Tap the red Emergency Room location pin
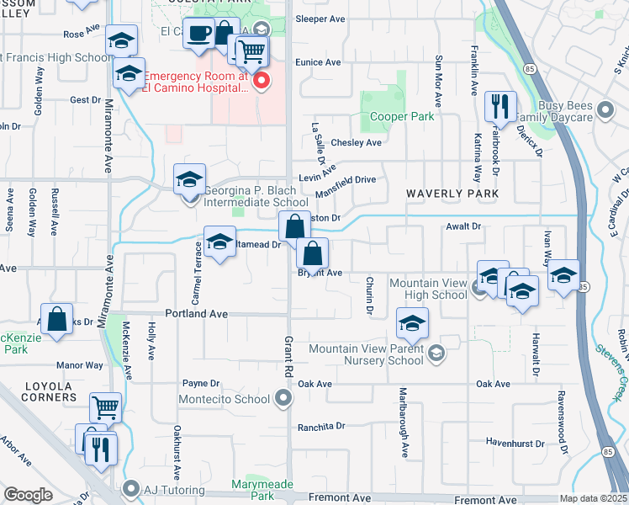point(262,82)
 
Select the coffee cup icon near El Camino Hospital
point(198,35)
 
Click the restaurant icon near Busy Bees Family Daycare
point(499,106)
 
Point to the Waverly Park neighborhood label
point(452,194)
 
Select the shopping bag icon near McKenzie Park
point(57,320)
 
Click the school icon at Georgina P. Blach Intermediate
point(190,179)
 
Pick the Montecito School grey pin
point(284,399)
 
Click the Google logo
point(29,495)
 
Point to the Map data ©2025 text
point(593,498)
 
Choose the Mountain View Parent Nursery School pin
point(435,353)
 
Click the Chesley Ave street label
point(356,143)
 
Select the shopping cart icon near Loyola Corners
point(106,408)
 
